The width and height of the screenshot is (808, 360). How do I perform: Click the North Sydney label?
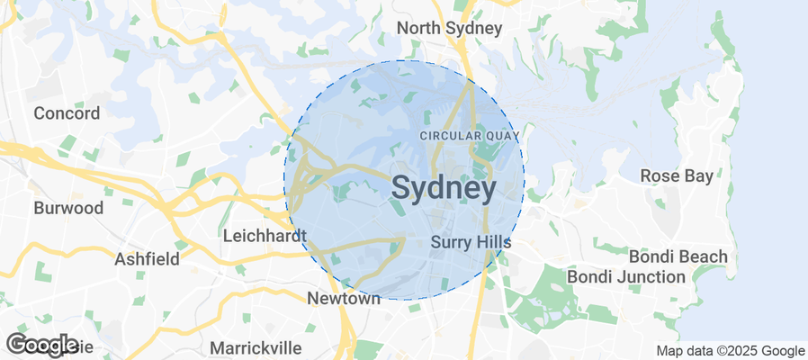click(449, 29)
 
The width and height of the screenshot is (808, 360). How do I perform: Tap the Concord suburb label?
click(67, 113)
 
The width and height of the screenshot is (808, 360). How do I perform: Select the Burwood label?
click(68, 208)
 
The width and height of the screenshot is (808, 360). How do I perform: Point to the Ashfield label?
click(147, 258)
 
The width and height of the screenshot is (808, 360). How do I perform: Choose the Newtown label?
click(344, 299)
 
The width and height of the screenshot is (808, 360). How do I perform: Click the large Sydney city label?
click(444, 189)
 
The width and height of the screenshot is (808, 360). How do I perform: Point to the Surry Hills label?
click(471, 242)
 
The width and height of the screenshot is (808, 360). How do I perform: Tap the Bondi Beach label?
click(678, 256)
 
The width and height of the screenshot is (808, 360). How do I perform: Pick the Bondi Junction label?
click(625, 276)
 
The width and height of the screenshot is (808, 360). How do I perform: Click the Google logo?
click(41, 345)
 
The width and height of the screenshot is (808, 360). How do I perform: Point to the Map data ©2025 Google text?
click(730, 351)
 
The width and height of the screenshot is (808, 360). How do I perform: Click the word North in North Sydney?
click(418, 29)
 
